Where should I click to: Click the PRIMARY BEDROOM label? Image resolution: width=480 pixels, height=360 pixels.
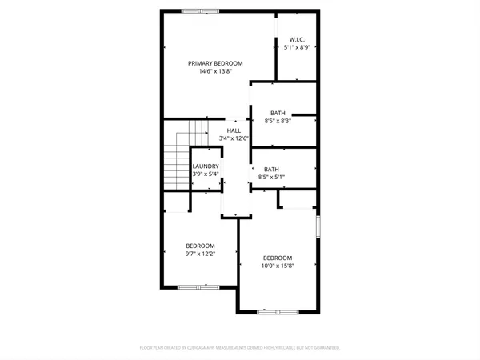(215, 63)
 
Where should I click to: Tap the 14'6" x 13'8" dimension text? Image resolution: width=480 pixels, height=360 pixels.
(215, 71)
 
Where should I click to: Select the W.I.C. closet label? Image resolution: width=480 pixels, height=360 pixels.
(296, 39)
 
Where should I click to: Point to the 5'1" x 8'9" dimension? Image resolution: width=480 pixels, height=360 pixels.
(296, 47)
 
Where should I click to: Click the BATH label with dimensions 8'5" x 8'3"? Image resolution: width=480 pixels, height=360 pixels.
(278, 113)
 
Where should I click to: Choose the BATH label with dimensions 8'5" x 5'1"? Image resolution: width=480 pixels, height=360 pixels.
(272, 169)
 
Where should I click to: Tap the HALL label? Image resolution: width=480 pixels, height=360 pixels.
(234, 130)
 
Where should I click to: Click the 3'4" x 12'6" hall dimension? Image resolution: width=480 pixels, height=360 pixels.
(234, 138)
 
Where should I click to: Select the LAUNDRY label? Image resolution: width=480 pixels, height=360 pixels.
(206, 166)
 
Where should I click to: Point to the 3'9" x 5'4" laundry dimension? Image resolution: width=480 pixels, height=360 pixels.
(206, 174)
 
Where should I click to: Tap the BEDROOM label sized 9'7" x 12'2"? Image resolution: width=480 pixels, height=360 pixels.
(200, 246)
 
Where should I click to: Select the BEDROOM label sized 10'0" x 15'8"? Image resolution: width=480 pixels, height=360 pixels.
(278, 258)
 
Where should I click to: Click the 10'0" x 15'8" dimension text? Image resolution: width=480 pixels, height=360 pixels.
(278, 266)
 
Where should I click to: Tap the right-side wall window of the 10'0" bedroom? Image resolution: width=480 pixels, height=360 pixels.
(318, 227)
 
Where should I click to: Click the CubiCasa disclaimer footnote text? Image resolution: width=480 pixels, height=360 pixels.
(240, 348)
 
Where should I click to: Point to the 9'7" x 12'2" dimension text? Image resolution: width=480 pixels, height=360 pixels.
(200, 254)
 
